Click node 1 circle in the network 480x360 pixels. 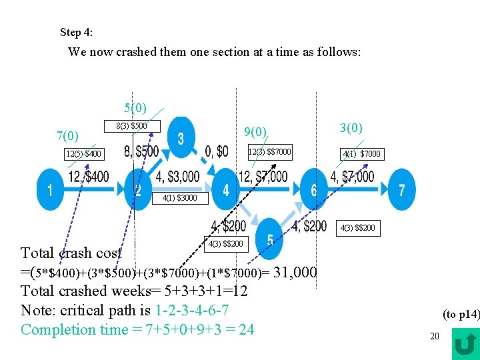[x=49, y=189]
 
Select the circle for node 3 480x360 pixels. [x=181, y=138]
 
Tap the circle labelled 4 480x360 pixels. [x=226, y=190]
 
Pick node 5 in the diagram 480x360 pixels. [x=269, y=238]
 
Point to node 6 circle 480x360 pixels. [x=313, y=190]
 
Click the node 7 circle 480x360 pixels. [x=401, y=190]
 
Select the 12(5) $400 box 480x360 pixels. [x=84, y=155]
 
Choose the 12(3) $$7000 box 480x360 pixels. [x=269, y=151]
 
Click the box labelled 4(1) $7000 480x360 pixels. [x=361, y=154]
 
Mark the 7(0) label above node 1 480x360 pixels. [x=68, y=137]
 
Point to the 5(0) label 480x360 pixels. [x=135, y=107]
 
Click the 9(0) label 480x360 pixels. [x=255, y=132]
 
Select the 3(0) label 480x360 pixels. [x=351, y=127]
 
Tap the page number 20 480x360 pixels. [x=434, y=336]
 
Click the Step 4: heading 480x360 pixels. [x=77, y=32]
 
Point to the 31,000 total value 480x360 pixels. [x=295, y=271]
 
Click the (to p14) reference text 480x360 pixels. [x=461, y=314]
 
